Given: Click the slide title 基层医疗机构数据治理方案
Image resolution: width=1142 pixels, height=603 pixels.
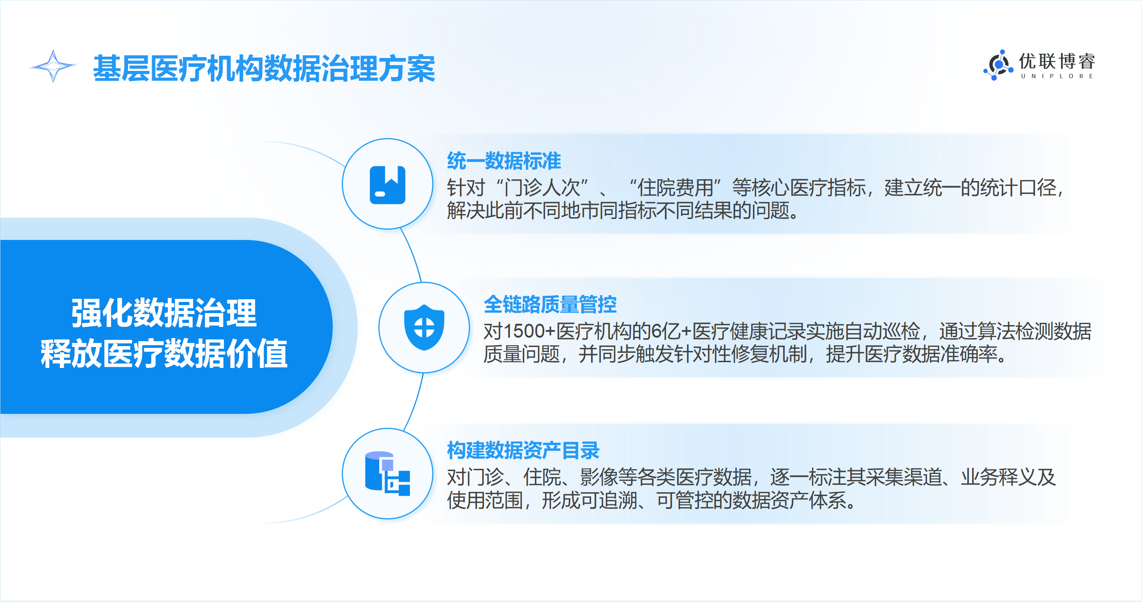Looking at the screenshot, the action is coord(264,69).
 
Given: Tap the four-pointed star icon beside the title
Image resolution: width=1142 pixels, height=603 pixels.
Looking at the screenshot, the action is coord(53,66).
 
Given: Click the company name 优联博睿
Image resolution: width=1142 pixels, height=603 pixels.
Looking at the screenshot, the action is coord(1057,62).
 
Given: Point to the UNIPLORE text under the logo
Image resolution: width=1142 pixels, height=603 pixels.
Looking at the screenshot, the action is coord(1057,76).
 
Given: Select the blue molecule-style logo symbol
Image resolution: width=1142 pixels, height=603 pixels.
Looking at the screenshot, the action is coord(997,65).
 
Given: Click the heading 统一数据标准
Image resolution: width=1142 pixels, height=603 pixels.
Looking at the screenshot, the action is coord(504,161).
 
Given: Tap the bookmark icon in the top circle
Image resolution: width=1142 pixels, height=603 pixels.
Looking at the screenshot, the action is coord(388,185).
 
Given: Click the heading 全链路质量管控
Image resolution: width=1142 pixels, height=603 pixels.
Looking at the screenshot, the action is coord(550,305).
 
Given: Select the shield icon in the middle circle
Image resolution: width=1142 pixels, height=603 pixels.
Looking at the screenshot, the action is coord(424,327).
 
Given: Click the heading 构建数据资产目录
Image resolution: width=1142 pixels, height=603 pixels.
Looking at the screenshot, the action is coord(523,450).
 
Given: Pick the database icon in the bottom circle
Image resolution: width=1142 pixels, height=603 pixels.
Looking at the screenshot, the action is coord(388,474).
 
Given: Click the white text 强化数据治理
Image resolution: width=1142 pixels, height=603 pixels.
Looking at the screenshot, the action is coord(164,313).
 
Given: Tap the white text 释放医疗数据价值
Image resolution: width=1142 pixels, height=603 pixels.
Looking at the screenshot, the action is coord(164,353).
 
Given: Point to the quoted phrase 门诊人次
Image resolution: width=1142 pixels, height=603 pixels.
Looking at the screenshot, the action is coord(542,188).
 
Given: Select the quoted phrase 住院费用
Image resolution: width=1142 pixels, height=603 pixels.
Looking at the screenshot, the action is coord(675,188).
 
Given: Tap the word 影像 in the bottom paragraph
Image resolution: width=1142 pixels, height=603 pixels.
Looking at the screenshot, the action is coord(599,477).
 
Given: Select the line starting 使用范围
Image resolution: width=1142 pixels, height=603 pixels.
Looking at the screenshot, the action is coord(652,500).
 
